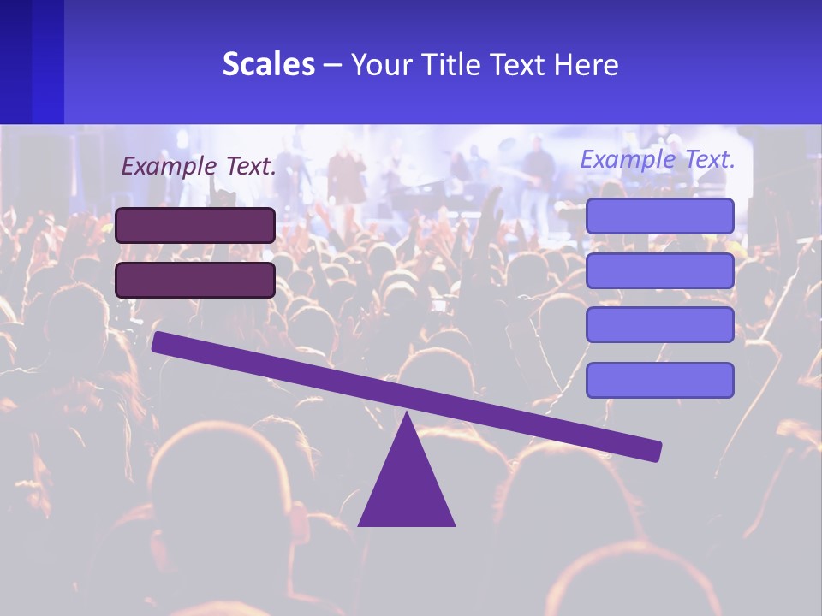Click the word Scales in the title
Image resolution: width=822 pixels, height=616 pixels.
[269, 64]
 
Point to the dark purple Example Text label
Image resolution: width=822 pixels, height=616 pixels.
[199, 166]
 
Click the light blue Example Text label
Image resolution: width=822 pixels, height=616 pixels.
[658, 159]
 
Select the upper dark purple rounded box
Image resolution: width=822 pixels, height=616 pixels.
[195, 225]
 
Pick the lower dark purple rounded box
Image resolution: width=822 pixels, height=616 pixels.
[195, 280]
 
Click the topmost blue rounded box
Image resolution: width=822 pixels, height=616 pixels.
[659, 216]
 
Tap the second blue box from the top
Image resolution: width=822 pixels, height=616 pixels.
[659, 270]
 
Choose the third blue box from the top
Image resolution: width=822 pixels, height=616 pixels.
[659, 324]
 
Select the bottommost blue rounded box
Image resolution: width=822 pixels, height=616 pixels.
[659, 380]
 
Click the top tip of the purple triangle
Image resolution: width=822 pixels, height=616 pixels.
[407, 415]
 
